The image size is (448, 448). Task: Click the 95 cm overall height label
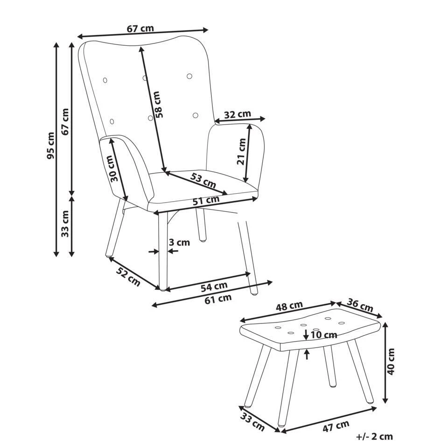(x=50, y=146)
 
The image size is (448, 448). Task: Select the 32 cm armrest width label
(x=238, y=114)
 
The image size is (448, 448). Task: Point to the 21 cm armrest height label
(x=241, y=151)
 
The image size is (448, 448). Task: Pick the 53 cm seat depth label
(x=203, y=181)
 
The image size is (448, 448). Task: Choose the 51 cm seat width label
(x=206, y=200)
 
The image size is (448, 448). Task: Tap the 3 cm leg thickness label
(x=179, y=242)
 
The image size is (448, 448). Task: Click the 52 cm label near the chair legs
(x=128, y=277)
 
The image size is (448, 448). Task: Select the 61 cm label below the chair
(x=218, y=299)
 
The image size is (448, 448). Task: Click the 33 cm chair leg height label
(x=65, y=224)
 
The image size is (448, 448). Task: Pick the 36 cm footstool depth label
(x=360, y=305)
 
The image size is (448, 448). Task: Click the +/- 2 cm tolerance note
(x=374, y=437)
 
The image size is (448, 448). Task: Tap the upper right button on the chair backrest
(x=189, y=76)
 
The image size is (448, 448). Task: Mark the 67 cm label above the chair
(x=140, y=28)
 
